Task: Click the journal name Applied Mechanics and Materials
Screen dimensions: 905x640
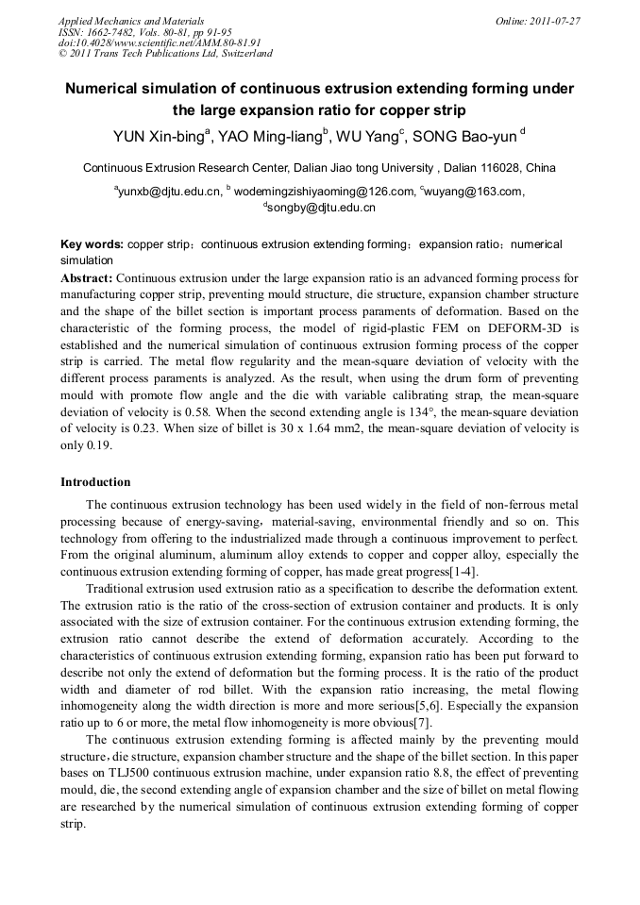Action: point(131,21)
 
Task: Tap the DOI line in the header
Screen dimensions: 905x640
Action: point(160,42)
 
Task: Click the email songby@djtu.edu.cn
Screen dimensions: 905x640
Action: point(322,208)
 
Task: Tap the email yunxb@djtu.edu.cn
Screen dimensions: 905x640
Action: point(170,192)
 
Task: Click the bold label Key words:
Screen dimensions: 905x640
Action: point(92,244)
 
